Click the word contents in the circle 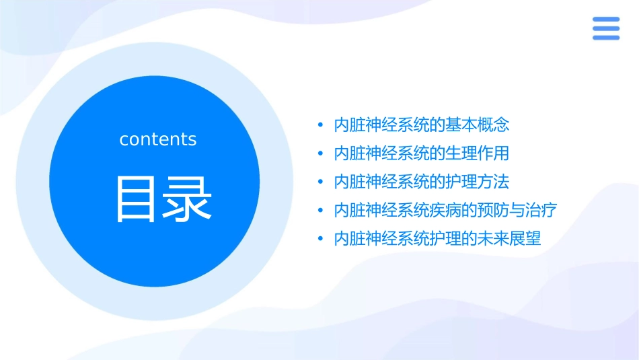[x=158, y=139]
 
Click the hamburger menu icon [x=605, y=28]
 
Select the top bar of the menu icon [x=605, y=19]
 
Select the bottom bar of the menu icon [x=605, y=37]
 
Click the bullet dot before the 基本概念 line [x=321, y=125]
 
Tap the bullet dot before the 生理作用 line [x=321, y=154]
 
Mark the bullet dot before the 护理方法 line [x=321, y=182]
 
